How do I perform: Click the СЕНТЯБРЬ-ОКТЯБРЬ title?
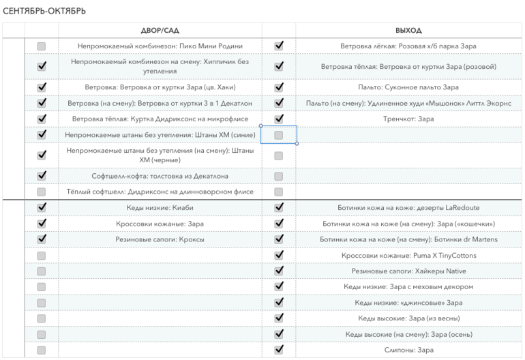44,12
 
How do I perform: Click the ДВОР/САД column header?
160,31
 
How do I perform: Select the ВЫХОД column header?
408,31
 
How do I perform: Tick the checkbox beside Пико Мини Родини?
42,46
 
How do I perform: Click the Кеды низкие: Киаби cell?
160,207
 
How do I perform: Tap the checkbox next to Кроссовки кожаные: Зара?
42,223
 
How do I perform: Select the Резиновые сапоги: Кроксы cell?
160,239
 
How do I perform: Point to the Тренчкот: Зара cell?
408,119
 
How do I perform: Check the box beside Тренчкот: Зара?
278,119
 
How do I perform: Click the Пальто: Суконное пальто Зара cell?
408,87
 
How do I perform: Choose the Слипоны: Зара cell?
408,350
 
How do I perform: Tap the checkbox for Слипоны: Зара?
278,350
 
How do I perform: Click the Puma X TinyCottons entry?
408,255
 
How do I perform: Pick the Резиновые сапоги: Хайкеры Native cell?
408,271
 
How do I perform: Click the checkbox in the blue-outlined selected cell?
278,135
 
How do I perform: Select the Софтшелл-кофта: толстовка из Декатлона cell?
160,176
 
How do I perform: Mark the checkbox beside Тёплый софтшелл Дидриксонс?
42,192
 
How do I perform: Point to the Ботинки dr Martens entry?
408,239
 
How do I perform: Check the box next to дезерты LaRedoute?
278,207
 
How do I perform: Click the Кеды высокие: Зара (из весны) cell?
408,318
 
